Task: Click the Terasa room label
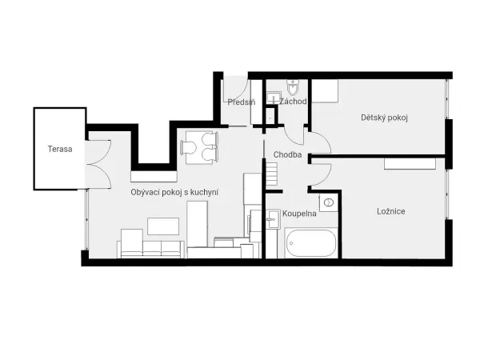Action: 60,149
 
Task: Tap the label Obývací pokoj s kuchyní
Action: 174,192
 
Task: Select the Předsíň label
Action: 242,102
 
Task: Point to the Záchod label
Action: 293,102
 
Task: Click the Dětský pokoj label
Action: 384,118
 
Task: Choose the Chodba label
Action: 287,154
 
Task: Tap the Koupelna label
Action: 299,214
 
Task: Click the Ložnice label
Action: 391,211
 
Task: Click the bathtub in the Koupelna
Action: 310,243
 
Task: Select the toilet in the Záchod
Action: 293,87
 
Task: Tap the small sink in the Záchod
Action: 274,98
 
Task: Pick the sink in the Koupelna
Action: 273,219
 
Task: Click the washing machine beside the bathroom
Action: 329,202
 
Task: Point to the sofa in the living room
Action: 150,244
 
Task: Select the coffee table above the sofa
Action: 163,226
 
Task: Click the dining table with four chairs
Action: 199,147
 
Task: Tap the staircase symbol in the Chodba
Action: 271,174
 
